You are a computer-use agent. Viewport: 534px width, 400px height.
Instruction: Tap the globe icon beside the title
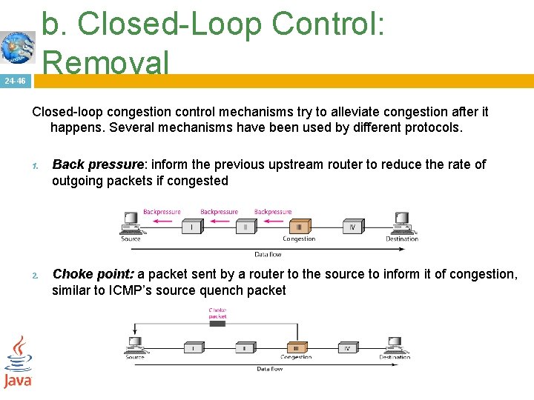(x=18, y=48)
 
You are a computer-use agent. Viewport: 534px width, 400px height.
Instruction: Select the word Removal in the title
(x=106, y=62)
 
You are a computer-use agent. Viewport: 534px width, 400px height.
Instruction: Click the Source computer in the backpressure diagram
(x=131, y=222)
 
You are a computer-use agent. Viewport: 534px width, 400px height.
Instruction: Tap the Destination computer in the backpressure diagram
(x=401, y=222)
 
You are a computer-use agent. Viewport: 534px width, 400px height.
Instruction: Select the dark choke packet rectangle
(x=218, y=316)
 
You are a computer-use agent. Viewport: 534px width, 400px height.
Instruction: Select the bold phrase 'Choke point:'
(x=93, y=274)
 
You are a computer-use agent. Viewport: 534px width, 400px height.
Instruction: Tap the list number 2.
(x=35, y=276)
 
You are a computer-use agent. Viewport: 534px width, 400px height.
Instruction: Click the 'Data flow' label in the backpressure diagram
(x=268, y=254)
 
